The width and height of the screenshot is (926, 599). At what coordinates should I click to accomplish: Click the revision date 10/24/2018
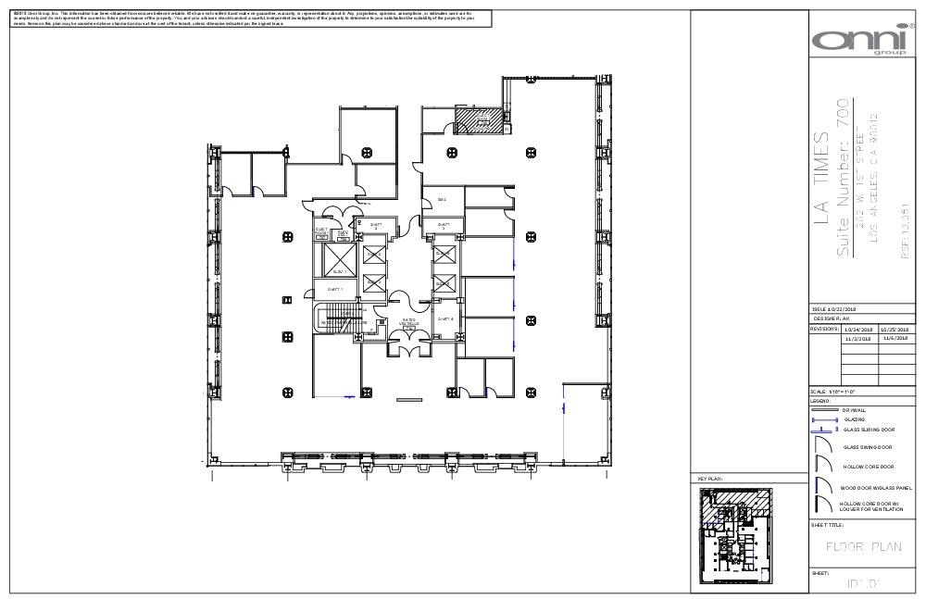pyautogui.click(x=858, y=329)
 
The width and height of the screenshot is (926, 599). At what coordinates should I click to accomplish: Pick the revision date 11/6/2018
pyautogui.click(x=895, y=338)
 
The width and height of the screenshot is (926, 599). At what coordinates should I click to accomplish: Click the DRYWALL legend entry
pyautogui.click(x=854, y=409)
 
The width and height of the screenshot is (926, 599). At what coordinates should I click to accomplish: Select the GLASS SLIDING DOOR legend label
pyautogui.click(x=869, y=430)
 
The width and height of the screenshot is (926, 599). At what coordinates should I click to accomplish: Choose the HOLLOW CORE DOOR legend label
pyautogui.click(x=868, y=467)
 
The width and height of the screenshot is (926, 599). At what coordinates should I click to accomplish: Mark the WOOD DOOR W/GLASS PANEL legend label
pyautogui.click(x=876, y=487)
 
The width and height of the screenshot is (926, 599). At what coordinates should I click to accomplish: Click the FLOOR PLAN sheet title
pyautogui.click(x=863, y=547)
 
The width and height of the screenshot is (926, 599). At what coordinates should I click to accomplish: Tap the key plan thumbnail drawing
pyautogui.click(x=737, y=535)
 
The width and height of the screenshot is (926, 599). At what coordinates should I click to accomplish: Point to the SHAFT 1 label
pyautogui.click(x=335, y=289)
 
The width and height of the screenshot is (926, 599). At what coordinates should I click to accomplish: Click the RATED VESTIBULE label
pyautogui.click(x=408, y=322)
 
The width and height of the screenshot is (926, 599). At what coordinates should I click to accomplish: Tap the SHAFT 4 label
pyautogui.click(x=444, y=318)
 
